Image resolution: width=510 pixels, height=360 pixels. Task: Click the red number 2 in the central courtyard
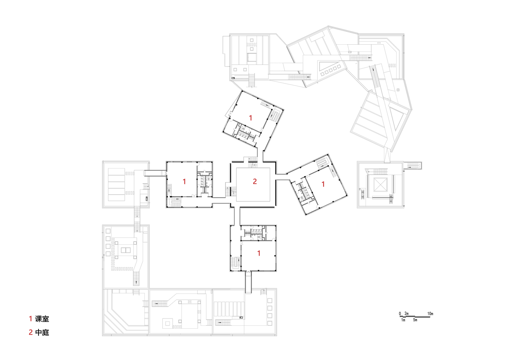click(255, 181)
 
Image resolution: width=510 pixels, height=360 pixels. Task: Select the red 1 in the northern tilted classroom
click(251, 118)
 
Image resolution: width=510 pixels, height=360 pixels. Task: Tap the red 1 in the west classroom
click(184, 181)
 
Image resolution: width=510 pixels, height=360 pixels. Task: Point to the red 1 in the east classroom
click(323, 184)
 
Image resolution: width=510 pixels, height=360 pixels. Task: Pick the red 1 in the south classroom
click(259, 253)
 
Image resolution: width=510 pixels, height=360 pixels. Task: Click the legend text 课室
click(42, 319)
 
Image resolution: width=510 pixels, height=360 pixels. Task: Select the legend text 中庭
click(42, 333)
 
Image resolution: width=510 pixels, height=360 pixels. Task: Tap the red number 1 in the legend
click(31, 319)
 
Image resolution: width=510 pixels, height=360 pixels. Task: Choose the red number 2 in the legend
click(31, 333)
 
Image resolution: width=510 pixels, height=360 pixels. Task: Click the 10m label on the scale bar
click(430, 314)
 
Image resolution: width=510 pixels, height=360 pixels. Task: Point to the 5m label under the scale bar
click(415, 320)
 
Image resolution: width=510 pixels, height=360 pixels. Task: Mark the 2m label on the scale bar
click(406, 314)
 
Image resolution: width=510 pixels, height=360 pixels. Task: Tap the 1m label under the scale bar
click(403, 320)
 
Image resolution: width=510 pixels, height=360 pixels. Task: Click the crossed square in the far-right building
click(380, 185)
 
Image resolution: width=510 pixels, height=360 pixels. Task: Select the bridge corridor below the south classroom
click(248, 282)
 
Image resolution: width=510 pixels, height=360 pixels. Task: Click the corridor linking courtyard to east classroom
click(283, 177)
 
